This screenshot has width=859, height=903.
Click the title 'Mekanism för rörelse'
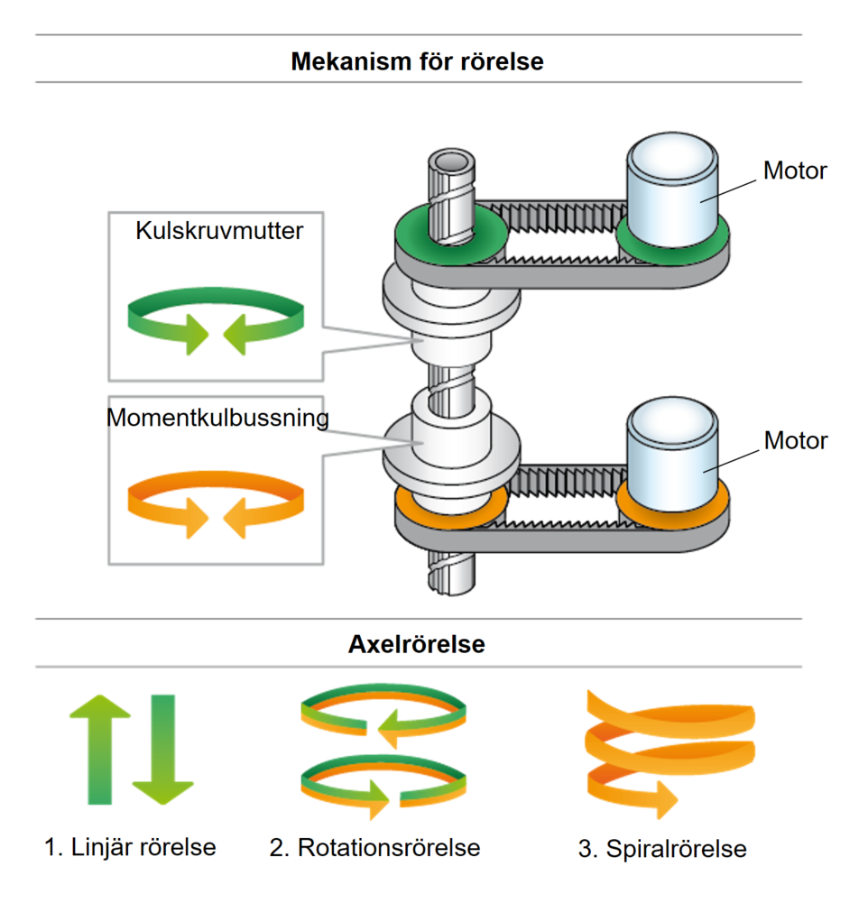tap(417, 61)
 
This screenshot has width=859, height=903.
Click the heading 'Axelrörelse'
tap(417, 644)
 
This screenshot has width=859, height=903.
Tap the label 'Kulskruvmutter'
tap(219, 230)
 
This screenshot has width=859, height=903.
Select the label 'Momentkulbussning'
tap(217, 418)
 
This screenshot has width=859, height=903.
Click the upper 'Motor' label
tap(795, 170)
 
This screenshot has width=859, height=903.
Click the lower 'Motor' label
tap(796, 440)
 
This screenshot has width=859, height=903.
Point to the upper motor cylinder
tap(671, 190)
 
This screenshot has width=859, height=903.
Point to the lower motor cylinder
tap(671, 454)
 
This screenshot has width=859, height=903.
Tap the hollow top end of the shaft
tap(452, 161)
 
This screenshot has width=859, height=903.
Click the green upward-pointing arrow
tap(99, 749)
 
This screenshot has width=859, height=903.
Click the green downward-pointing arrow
tap(163, 749)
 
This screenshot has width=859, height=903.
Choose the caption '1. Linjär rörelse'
tap(130, 847)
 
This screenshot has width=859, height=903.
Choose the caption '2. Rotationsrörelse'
tap(374, 848)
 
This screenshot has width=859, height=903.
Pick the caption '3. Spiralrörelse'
tap(662, 849)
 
